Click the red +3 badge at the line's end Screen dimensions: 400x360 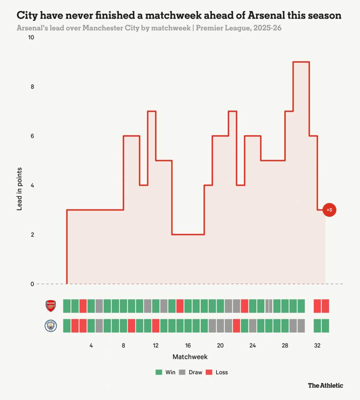[x=329, y=210]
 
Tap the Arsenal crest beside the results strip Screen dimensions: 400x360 [x=51, y=306]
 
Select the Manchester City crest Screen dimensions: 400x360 [x=51, y=325]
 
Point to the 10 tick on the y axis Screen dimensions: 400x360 [x=31, y=37]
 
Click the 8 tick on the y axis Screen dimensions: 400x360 [x=32, y=87]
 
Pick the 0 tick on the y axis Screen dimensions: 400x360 [x=32, y=284]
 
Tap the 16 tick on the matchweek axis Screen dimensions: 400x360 [x=188, y=346]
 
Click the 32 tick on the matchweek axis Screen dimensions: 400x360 [x=317, y=346]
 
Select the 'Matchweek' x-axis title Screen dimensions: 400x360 [x=190, y=357]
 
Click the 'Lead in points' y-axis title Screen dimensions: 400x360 [x=19, y=189]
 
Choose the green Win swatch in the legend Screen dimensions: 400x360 [x=159, y=372]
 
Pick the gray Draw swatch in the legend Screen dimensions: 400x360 [x=182, y=372]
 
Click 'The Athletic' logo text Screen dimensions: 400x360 [x=326, y=386]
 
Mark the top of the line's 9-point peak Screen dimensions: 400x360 [x=301, y=62]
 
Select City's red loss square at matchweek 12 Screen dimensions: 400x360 [x=156, y=325]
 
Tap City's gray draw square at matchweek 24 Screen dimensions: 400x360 [x=253, y=325]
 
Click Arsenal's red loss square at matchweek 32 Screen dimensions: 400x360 [x=317, y=306]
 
